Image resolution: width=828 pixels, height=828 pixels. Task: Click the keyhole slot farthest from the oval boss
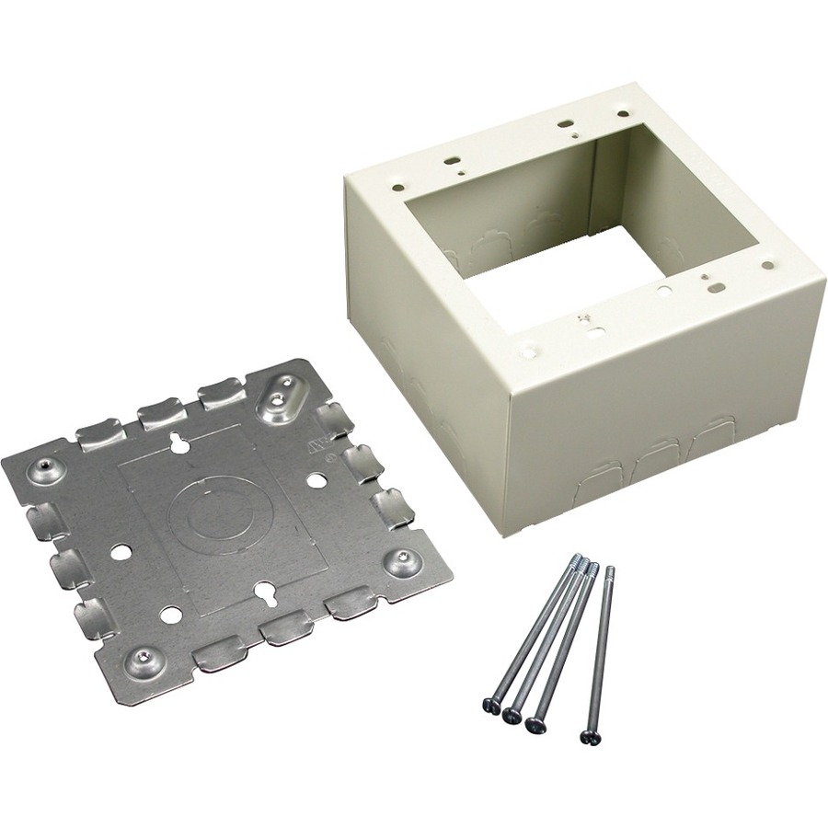[x=263, y=592]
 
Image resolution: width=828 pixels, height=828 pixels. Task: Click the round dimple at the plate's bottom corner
[x=140, y=656]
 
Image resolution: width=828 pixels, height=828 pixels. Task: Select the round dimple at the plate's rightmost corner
[x=402, y=560]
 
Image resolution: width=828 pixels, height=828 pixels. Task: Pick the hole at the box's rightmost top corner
[x=766, y=265]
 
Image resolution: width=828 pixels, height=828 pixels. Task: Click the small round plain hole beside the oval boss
[x=316, y=479]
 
